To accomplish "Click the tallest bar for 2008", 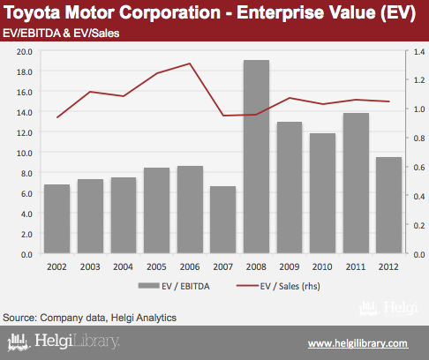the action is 256,156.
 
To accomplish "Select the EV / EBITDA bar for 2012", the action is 388,205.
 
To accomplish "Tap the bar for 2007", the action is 222,220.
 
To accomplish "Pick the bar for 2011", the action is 356,183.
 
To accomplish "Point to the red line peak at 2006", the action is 190,64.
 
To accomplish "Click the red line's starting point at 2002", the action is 57,117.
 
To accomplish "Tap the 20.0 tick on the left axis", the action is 25,52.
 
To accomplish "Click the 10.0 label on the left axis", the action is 25,153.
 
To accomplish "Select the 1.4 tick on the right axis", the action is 419,52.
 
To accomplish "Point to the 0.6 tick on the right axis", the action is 419,167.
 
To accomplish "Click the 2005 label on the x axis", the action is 156,266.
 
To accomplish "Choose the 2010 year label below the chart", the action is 322,266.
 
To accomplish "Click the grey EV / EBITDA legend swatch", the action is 148,286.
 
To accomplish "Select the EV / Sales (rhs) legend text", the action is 290,286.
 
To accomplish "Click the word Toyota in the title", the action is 33,13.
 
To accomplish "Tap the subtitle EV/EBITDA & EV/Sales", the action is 61,34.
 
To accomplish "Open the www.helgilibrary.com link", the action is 358,343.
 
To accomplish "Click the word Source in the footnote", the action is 19,318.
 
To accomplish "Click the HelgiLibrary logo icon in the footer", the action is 19,342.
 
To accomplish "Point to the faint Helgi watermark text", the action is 401,308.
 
